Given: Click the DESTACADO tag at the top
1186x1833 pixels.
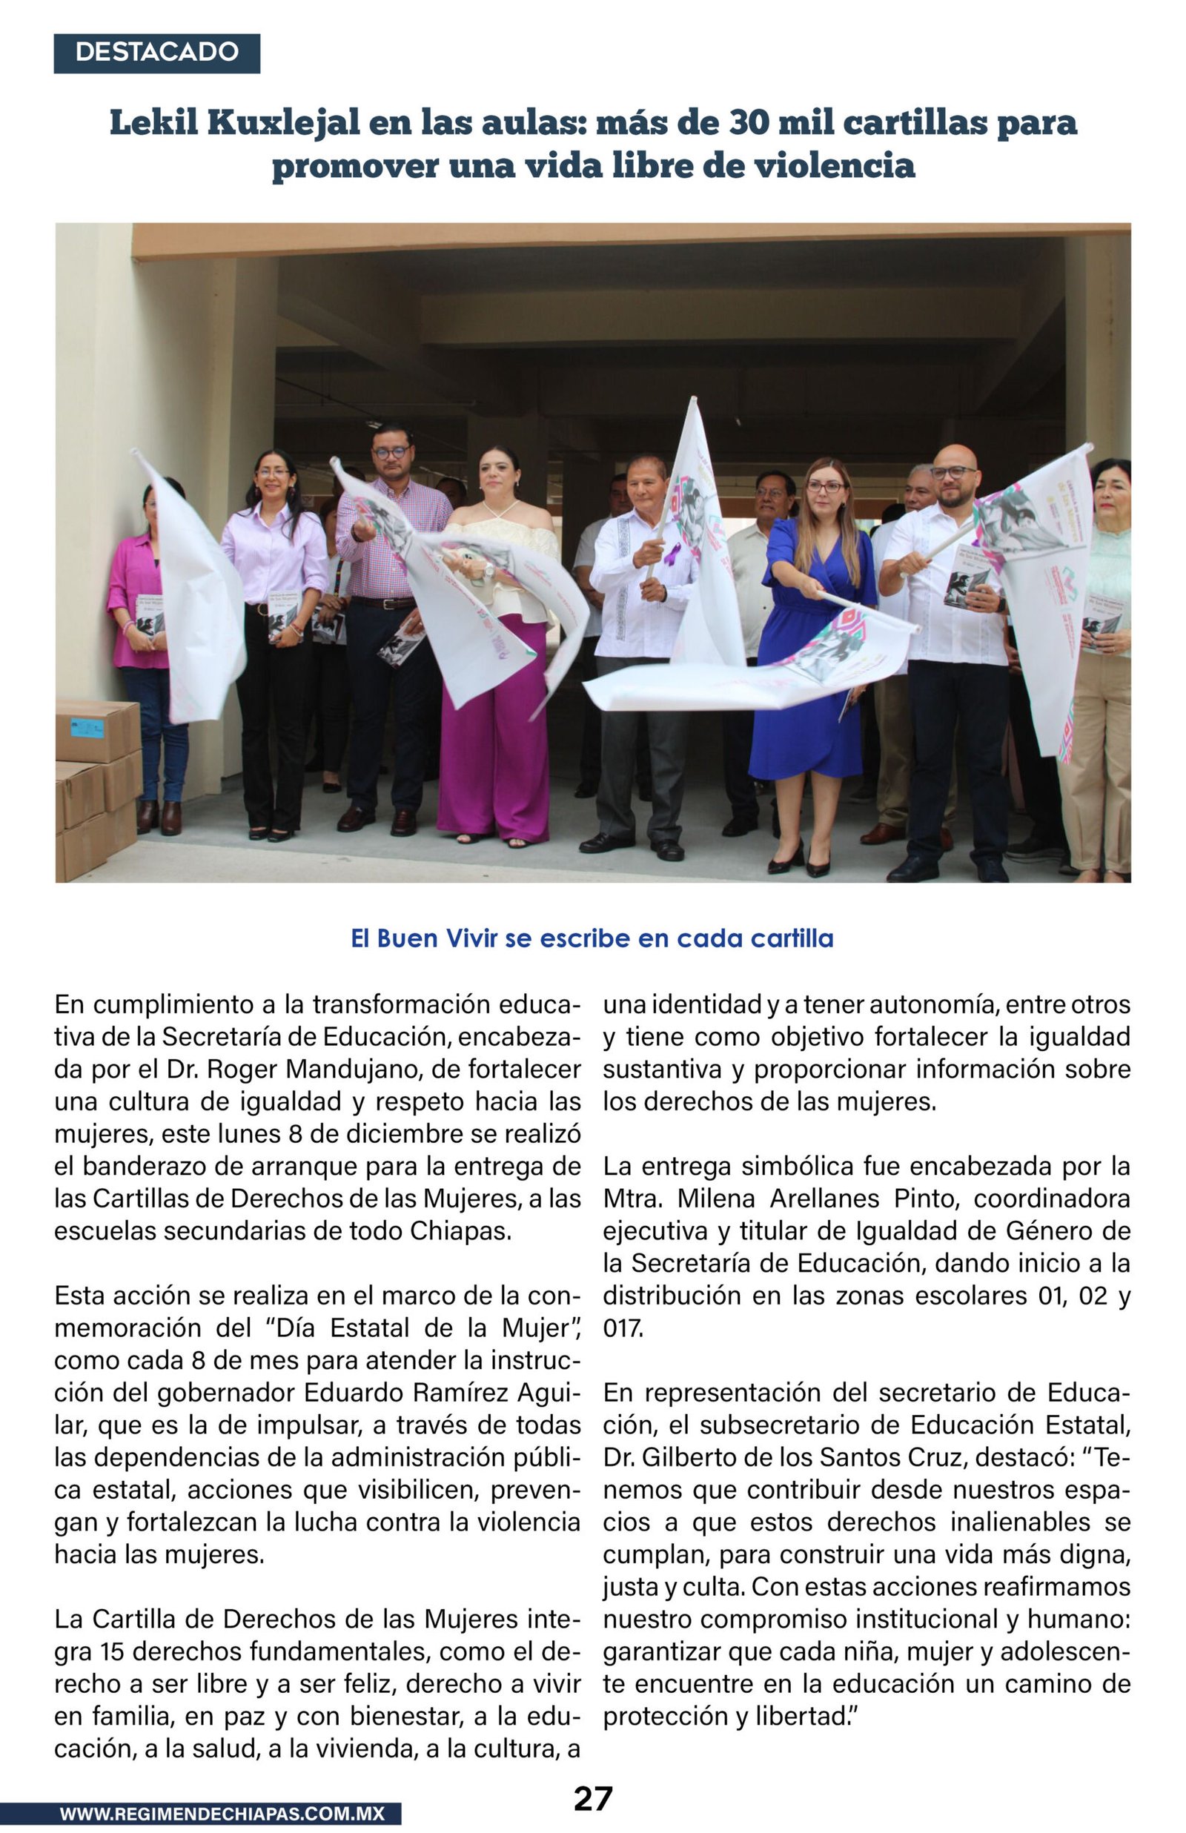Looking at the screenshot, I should pyautogui.click(x=156, y=53).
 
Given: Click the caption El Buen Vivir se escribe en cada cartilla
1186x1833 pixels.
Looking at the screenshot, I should pyautogui.click(x=592, y=938).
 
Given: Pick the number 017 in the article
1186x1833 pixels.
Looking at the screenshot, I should pyautogui.click(x=622, y=1328).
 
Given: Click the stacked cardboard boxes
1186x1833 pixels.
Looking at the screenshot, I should pyautogui.click(x=96, y=785).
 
